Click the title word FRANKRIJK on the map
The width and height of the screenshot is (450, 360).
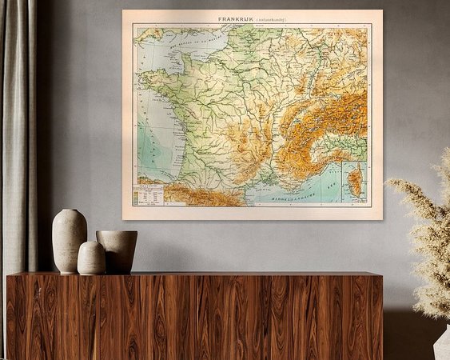click(237, 18)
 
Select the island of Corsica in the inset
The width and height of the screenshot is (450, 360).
click(354, 182)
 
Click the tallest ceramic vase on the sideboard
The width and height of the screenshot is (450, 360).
click(70, 241)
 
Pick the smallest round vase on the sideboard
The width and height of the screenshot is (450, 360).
click(91, 258)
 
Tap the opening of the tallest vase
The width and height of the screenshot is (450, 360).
click(70, 211)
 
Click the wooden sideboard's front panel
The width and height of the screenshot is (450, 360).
click(192, 316)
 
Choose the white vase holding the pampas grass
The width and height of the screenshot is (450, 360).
click(442, 344)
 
